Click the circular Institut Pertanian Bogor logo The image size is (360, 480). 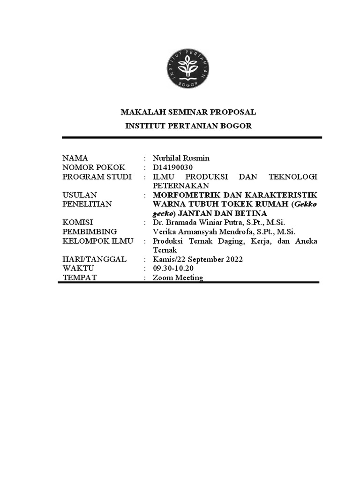coord(187,69)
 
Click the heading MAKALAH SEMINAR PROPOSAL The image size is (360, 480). coord(188,112)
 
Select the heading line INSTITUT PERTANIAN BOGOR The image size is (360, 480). coord(188,126)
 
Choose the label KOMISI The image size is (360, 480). coord(78,222)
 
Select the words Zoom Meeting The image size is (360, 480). coord(178,277)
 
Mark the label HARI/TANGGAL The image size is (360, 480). coord(94,259)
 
